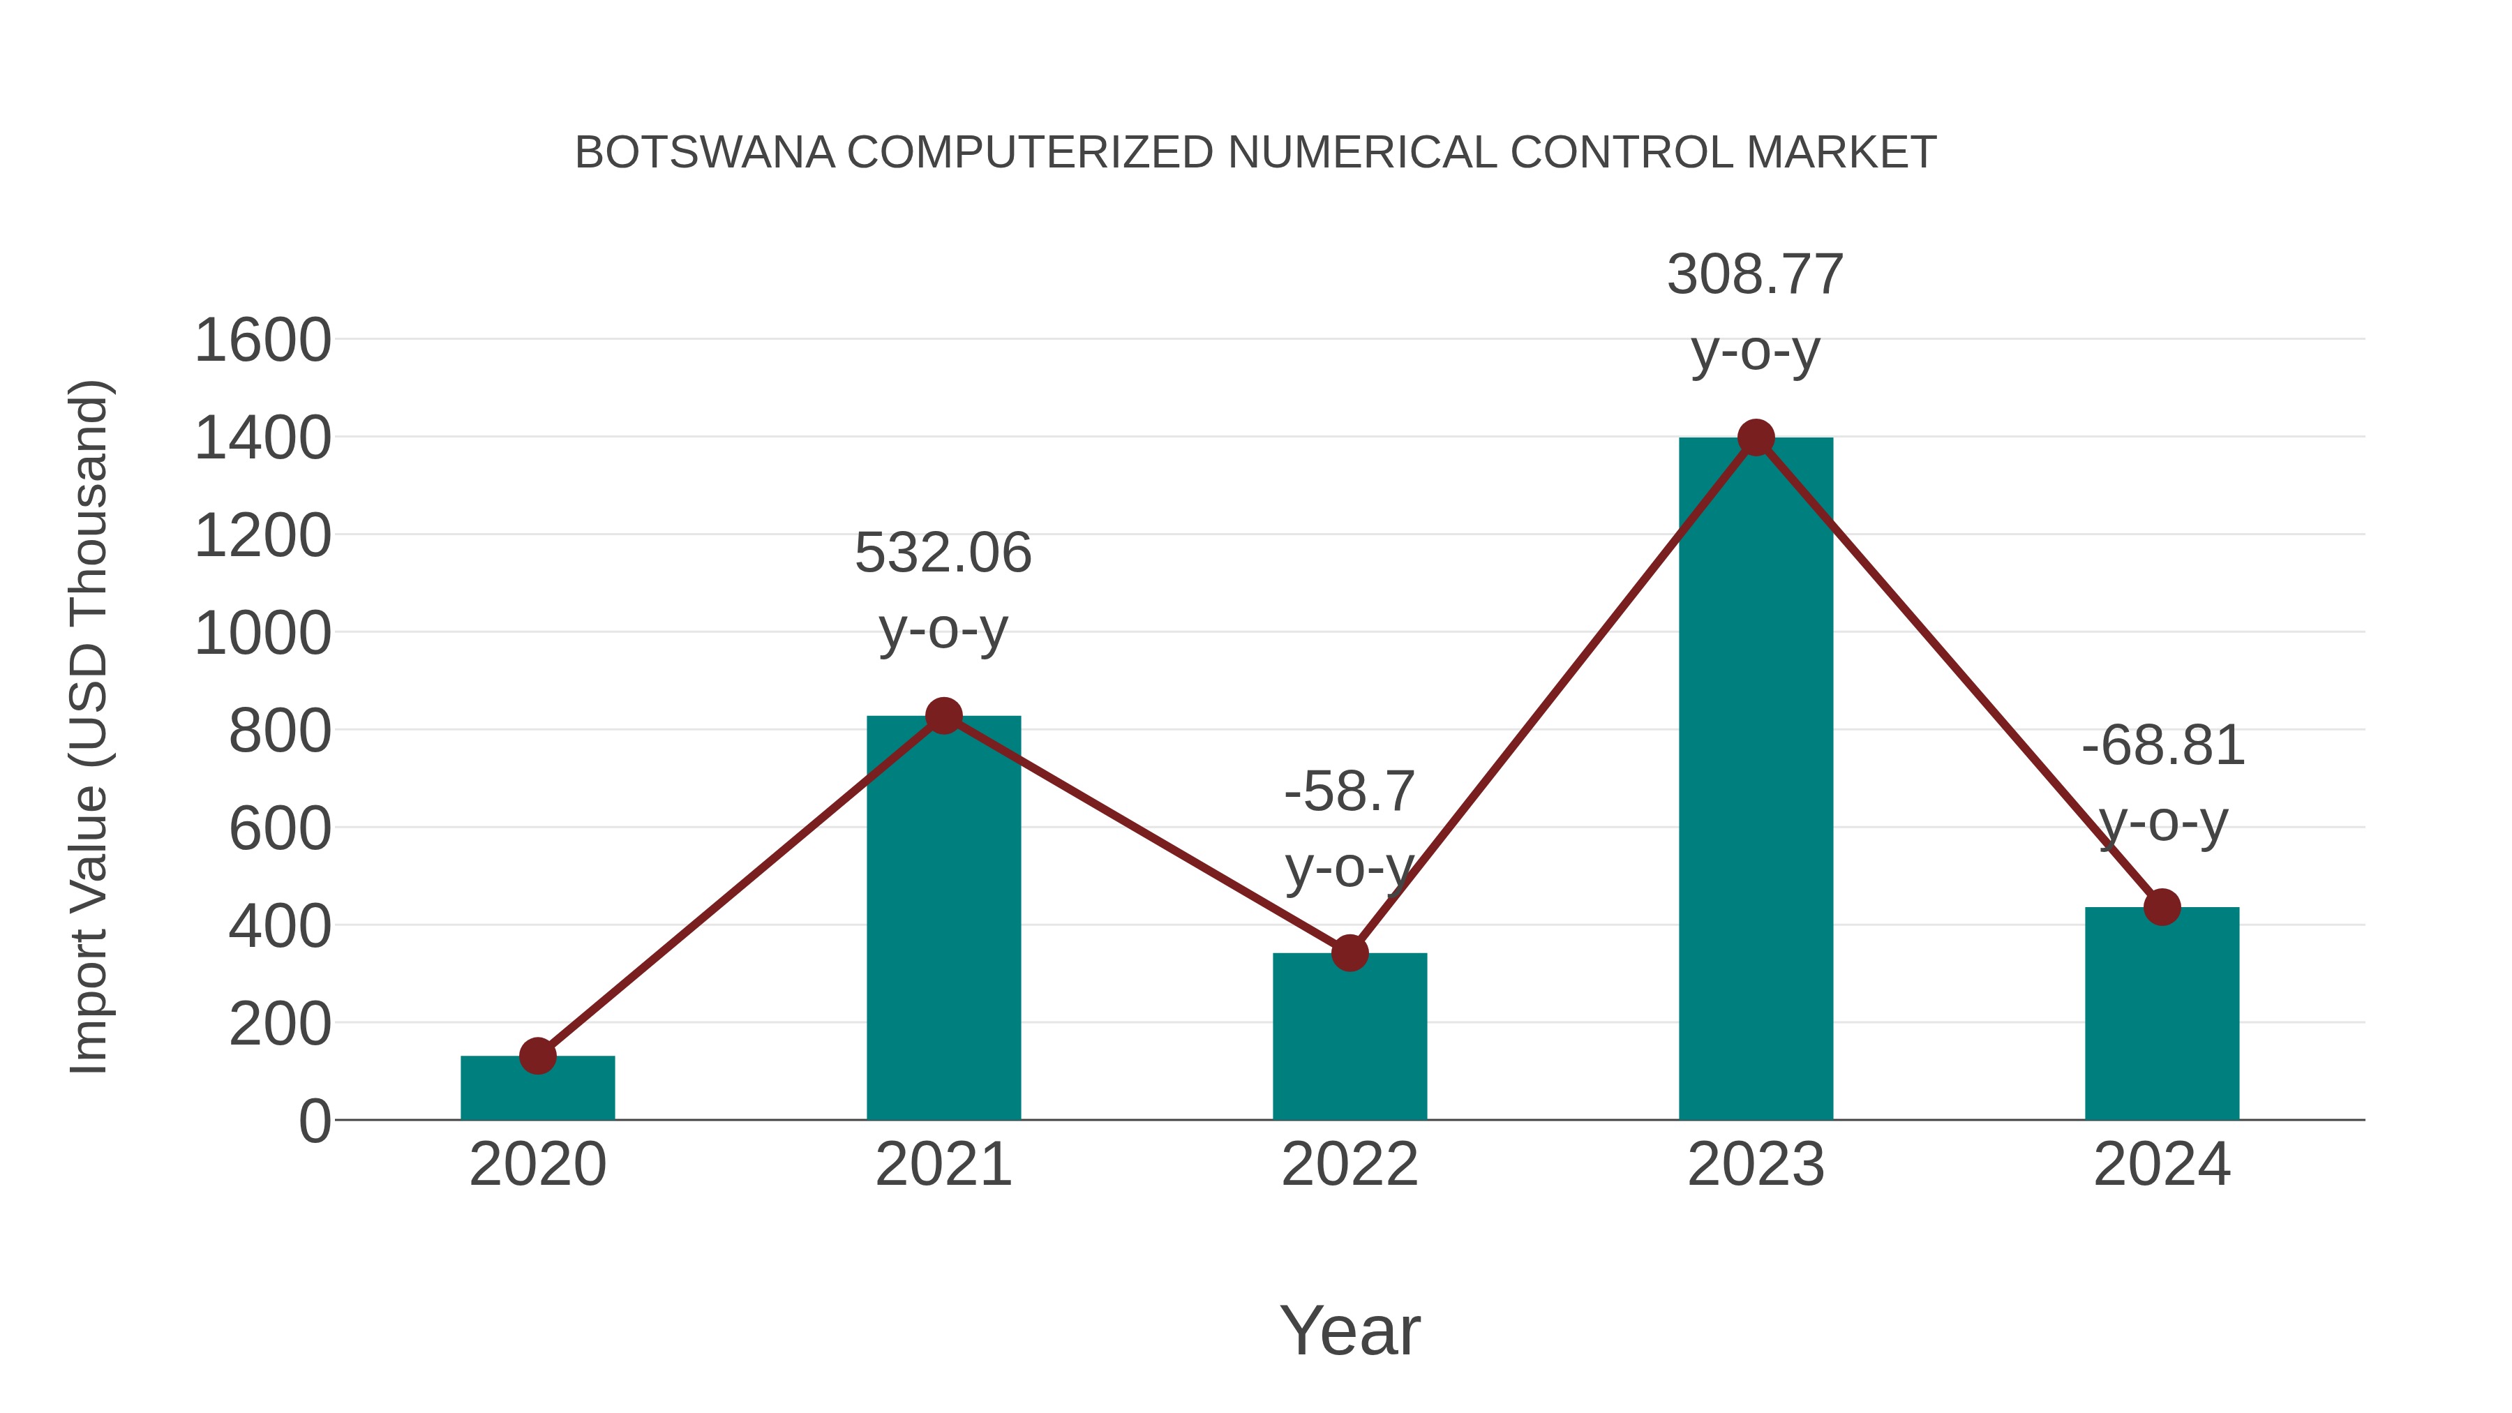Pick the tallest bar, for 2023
1756,780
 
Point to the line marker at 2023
1756,438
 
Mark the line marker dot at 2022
1350,952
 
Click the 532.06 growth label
943,553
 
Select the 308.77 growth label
1756,274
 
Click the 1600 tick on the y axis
262,341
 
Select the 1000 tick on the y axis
262,634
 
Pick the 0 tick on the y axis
314,1121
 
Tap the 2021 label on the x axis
943,1165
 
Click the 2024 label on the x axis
2162,1165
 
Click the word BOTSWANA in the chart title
704,153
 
